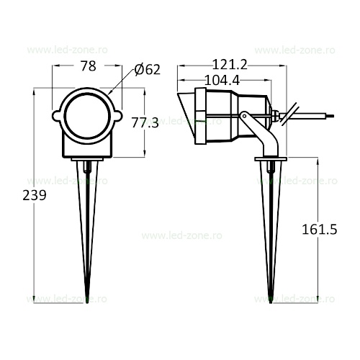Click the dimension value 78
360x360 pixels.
click(x=89, y=66)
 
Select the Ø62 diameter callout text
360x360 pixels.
click(x=147, y=70)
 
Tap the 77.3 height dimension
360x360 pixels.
click(x=145, y=123)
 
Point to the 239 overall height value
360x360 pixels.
click(x=35, y=195)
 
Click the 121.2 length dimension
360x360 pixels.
click(x=230, y=65)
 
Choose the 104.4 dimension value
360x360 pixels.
click(x=222, y=81)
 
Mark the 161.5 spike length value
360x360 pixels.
click(x=320, y=229)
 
